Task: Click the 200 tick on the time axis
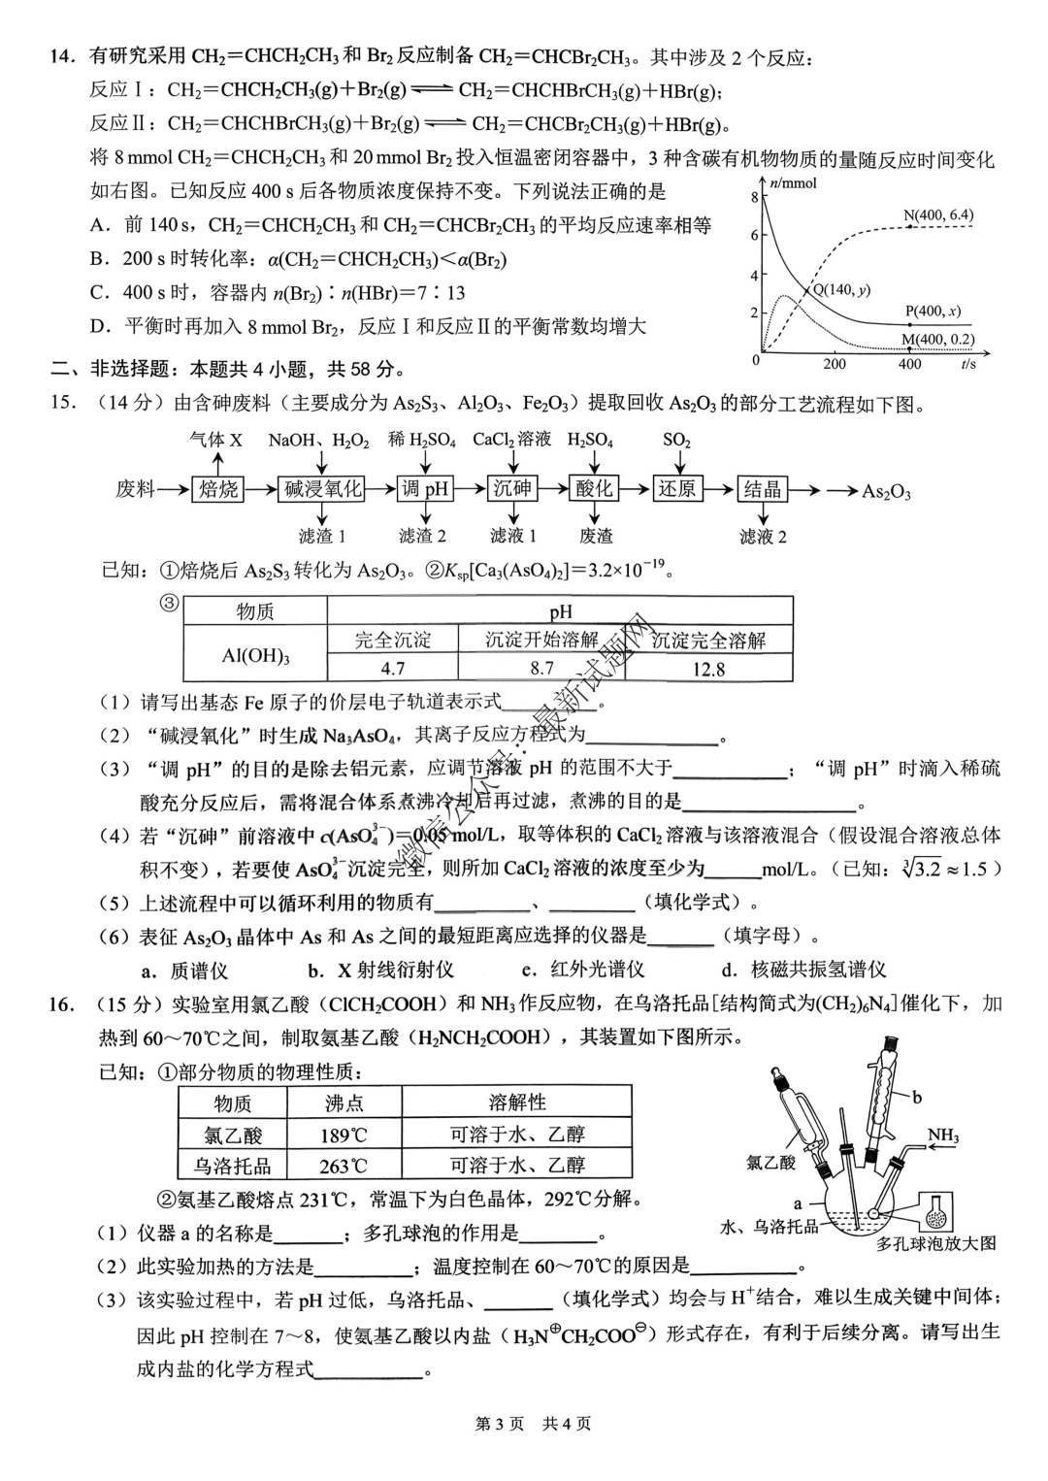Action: point(835,364)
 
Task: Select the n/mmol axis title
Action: point(793,182)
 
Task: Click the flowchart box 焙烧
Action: point(218,488)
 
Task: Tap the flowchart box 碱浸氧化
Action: point(323,488)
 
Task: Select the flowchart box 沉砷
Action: point(512,488)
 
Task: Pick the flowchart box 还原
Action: point(676,488)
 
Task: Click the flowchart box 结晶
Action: point(763,488)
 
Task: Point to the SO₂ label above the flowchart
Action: point(676,440)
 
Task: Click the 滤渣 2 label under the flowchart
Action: point(423,535)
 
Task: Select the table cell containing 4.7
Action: point(393,668)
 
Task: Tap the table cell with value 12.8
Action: point(708,669)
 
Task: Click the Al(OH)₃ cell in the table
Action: point(255,655)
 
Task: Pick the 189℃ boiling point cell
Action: point(344,1135)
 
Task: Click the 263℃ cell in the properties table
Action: point(344,1166)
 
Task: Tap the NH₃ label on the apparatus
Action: point(942,1135)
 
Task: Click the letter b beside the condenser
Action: point(917,1097)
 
